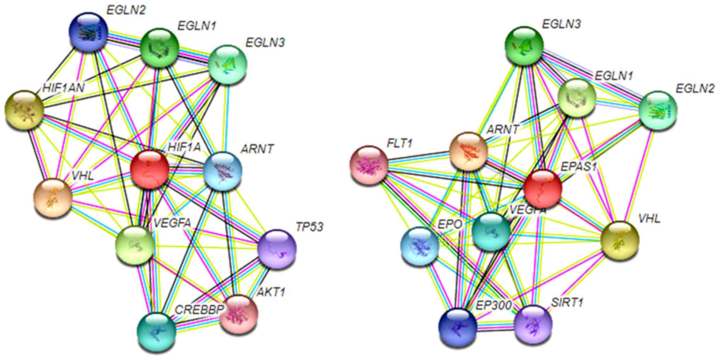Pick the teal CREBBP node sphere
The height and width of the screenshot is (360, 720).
(156, 331)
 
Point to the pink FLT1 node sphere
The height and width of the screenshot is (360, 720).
(369, 165)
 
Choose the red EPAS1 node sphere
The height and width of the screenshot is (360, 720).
(542, 188)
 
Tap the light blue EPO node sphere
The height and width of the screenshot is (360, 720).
(419, 246)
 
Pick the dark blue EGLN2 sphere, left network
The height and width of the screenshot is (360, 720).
(88, 32)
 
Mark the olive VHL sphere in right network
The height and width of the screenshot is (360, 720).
(620, 240)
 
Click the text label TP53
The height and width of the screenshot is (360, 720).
(309, 227)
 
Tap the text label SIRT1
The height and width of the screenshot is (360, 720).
(567, 303)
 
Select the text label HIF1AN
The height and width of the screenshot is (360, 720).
(63, 88)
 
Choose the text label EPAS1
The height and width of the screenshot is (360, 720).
(579, 166)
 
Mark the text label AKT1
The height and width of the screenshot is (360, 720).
(271, 292)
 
